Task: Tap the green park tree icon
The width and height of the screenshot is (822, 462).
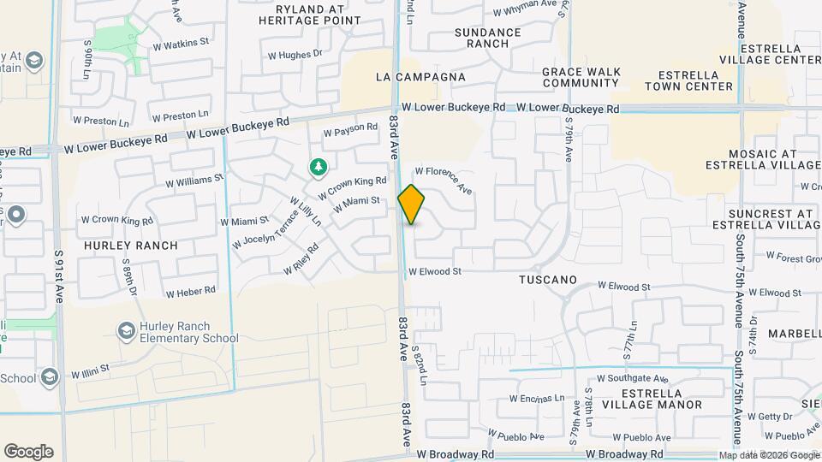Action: [x=318, y=167]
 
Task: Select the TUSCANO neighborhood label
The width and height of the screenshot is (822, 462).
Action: [x=548, y=280]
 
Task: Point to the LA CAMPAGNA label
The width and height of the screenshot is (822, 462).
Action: [x=421, y=77]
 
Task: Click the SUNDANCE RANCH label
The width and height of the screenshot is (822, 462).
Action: [x=487, y=38]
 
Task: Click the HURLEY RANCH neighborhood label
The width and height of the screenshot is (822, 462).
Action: [x=131, y=246]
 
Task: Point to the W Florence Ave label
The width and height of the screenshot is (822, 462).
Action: [x=444, y=179]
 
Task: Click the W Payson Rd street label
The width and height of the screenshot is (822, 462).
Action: [x=350, y=130]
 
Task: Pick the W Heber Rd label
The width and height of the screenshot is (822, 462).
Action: [x=190, y=292]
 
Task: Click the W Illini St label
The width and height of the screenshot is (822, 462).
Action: [x=91, y=371]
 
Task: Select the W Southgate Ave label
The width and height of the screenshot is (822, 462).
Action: [x=633, y=377]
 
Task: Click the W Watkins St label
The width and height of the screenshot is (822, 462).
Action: [x=181, y=42]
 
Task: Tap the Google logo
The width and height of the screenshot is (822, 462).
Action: [x=28, y=452]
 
